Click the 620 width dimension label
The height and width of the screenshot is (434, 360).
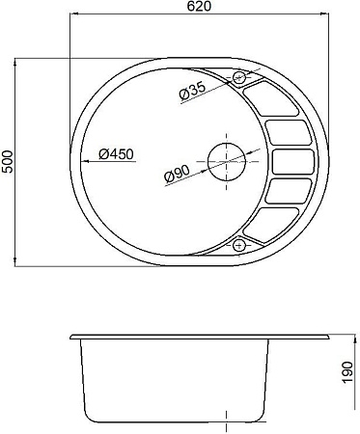pos(200,6)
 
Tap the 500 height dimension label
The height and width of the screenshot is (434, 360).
pos(7,162)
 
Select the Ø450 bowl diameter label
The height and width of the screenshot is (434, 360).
pos(116,154)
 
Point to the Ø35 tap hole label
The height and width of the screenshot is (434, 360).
pos(192,91)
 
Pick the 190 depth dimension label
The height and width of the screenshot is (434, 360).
pos(347,372)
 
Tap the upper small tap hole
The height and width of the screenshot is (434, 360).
pos(238,77)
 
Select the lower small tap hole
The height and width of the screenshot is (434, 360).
pos(238,246)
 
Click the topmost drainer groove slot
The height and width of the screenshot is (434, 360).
pos(270,98)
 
